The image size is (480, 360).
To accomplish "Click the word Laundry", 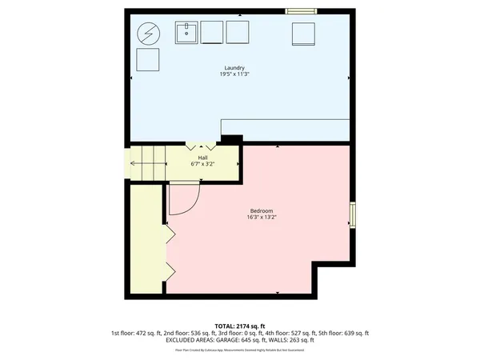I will [x=234, y=68].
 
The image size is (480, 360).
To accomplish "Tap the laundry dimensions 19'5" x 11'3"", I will [x=234, y=74].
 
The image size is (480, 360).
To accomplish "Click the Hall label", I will [x=203, y=158].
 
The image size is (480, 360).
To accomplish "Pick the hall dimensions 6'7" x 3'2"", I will [x=203, y=164].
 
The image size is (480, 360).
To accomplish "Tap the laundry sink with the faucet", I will [x=187, y=32].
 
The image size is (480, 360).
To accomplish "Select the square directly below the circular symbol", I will [x=148, y=61].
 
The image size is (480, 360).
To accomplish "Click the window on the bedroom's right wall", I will [x=352, y=214].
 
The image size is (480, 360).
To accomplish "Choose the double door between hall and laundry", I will [x=202, y=146].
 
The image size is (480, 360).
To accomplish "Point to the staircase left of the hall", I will [x=146, y=164].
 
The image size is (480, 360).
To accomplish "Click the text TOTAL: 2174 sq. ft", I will [x=240, y=326].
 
